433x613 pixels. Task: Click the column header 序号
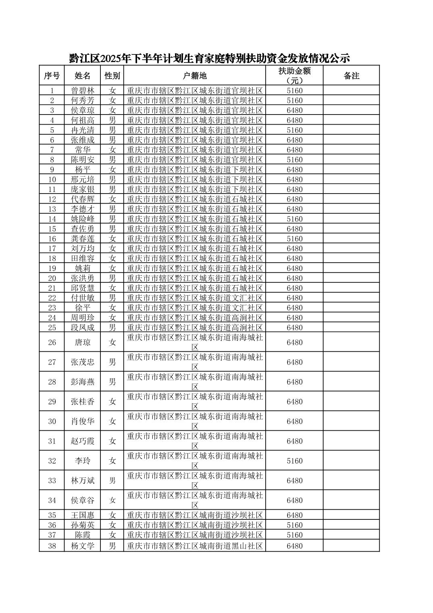coord(52,75)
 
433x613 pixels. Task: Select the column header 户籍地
coord(195,75)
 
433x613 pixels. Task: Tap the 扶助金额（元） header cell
coord(294,75)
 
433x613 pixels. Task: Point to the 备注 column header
coord(351,75)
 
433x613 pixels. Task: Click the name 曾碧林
coord(83,91)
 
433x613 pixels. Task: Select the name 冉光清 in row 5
coord(83,130)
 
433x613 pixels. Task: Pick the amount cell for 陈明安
coord(294,160)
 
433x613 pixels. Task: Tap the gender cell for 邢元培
coord(112,179)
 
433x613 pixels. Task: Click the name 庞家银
coord(83,190)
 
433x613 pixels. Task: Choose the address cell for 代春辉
coord(195,199)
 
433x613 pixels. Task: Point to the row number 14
coord(52,219)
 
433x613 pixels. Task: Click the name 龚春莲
coord(83,239)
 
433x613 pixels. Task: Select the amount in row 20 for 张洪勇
coord(294,278)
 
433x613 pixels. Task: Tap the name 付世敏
coord(83,298)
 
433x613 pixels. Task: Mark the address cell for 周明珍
coord(195,318)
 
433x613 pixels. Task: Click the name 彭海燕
coord(83,382)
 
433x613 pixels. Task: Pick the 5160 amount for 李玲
coord(294,461)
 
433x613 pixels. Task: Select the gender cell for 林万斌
coord(112,481)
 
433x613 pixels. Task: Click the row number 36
coord(52,525)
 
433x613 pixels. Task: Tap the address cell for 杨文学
coord(195,546)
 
